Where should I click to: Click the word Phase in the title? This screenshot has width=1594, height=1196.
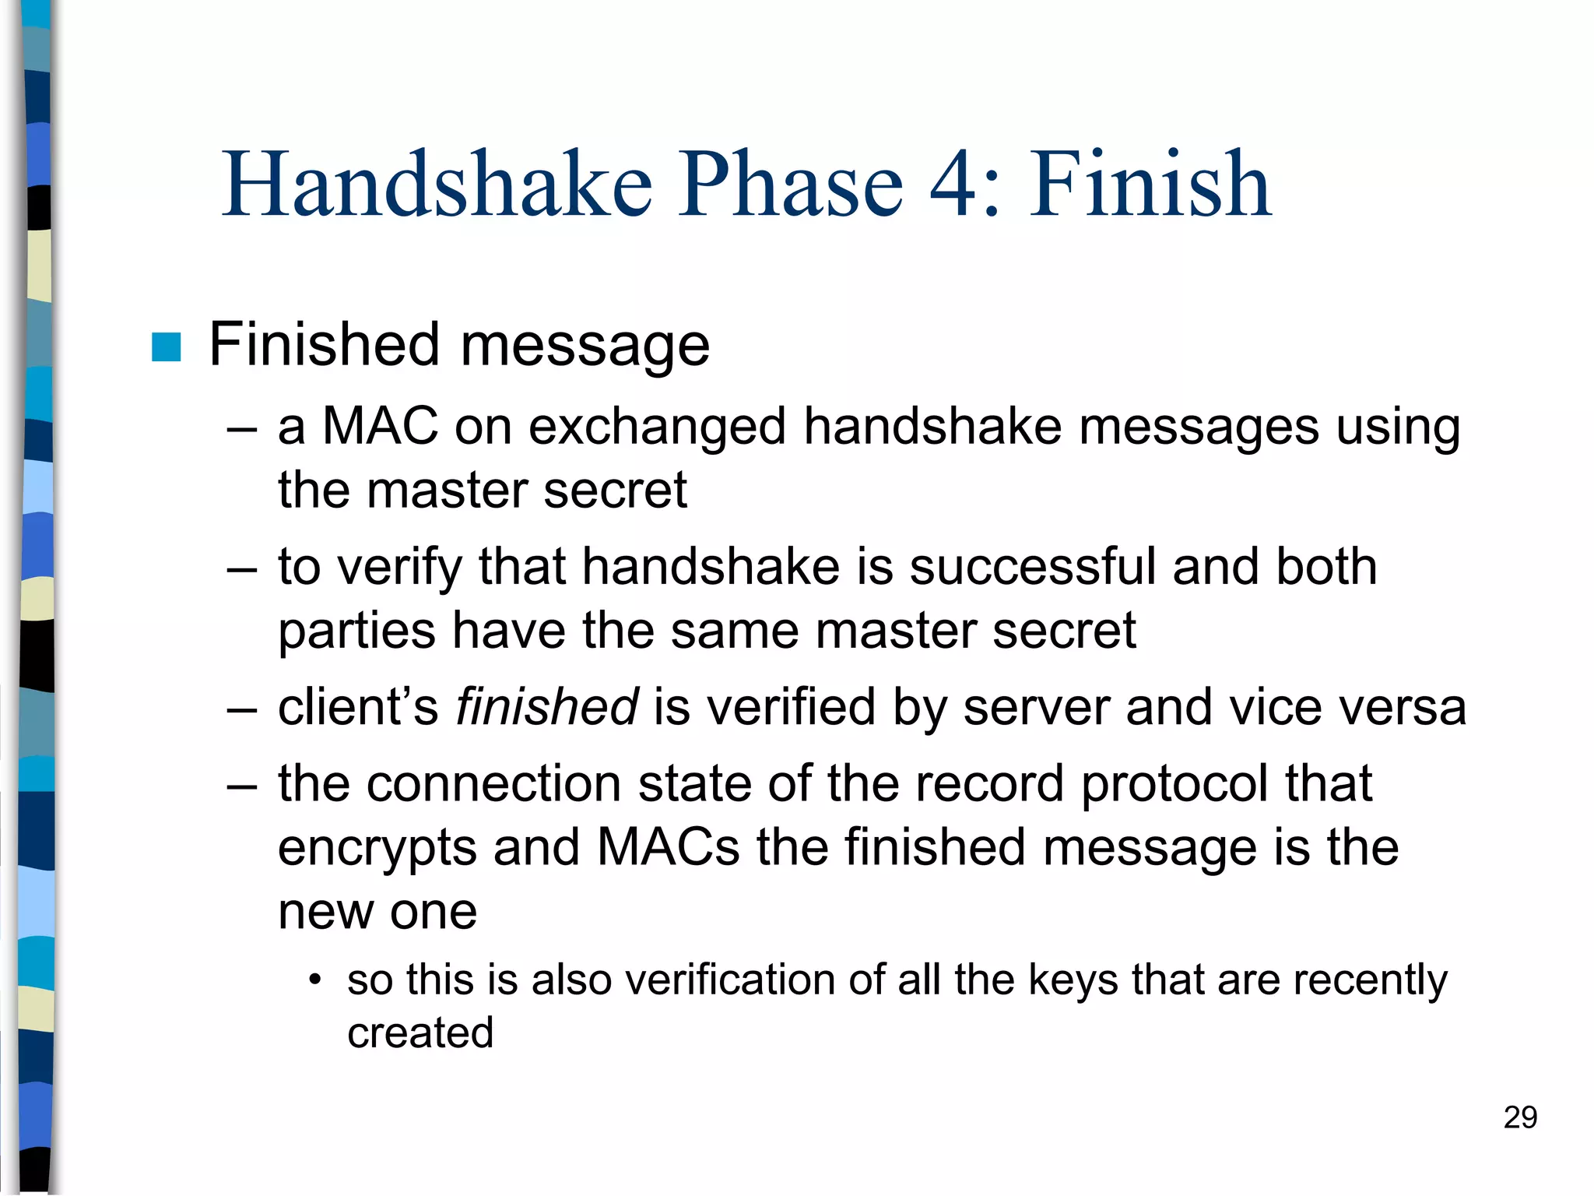click(x=791, y=185)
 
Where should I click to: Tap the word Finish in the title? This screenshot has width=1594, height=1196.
click(x=1151, y=185)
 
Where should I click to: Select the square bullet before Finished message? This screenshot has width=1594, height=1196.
click(x=166, y=347)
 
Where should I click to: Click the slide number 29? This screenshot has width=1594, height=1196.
click(x=1520, y=1117)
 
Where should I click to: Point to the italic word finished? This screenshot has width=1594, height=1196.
click(x=546, y=707)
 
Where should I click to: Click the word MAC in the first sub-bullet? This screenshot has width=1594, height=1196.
click(x=380, y=427)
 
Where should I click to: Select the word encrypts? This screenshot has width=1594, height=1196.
click(x=377, y=849)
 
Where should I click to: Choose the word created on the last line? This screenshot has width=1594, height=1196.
click(x=420, y=1033)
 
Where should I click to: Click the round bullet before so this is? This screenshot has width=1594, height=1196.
click(x=314, y=980)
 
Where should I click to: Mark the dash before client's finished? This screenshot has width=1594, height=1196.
click(x=241, y=709)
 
